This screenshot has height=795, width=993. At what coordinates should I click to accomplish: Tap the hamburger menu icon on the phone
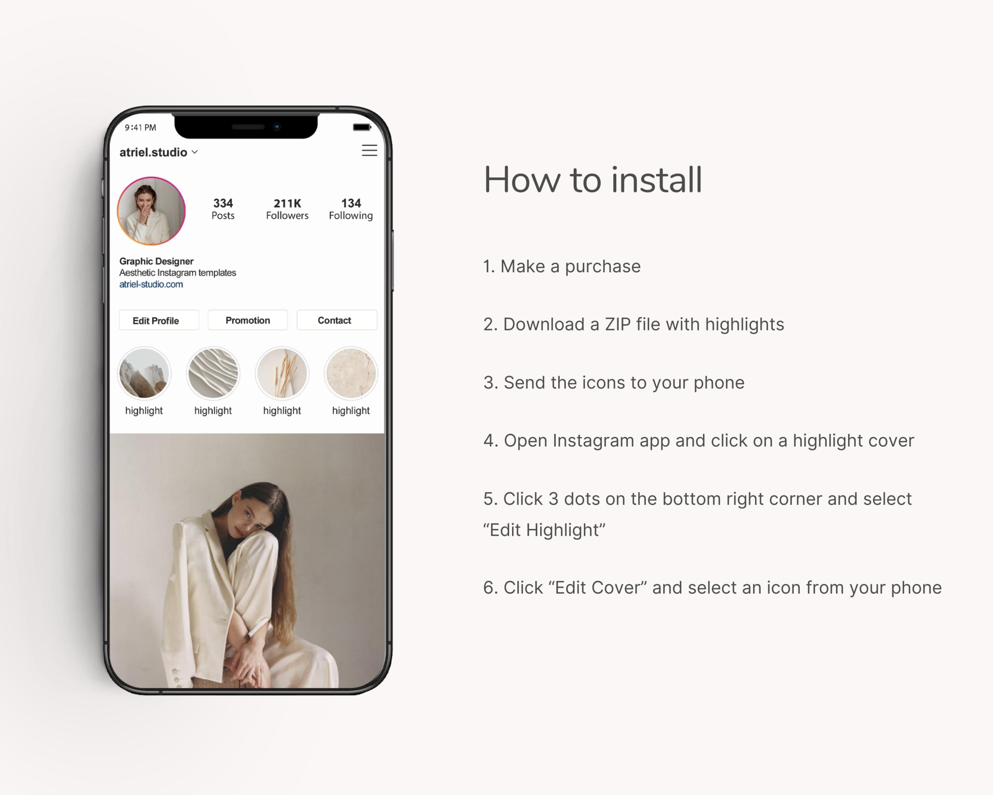click(369, 150)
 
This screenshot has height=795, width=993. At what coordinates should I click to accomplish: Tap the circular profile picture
click(151, 211)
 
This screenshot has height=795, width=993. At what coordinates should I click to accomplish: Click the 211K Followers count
click(287, 209)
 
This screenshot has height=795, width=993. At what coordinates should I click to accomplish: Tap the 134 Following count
click(351, 209)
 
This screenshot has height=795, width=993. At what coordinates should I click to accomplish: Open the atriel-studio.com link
click(151, 284)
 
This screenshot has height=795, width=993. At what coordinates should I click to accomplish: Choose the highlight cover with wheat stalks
click(282, 373)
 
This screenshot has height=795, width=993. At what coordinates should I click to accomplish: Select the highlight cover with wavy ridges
click(213, 373)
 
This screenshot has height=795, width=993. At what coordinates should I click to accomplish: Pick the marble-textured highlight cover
click(351, 373)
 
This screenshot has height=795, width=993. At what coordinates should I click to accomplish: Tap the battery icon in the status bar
click(362, 127)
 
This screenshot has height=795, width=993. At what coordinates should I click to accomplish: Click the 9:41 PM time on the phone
click(141, 128)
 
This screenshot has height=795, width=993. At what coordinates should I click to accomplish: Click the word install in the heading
click(656, 180)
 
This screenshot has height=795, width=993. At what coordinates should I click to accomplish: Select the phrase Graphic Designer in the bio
click(156, 261)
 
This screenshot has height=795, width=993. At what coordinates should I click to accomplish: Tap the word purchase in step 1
click(603, 266)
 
